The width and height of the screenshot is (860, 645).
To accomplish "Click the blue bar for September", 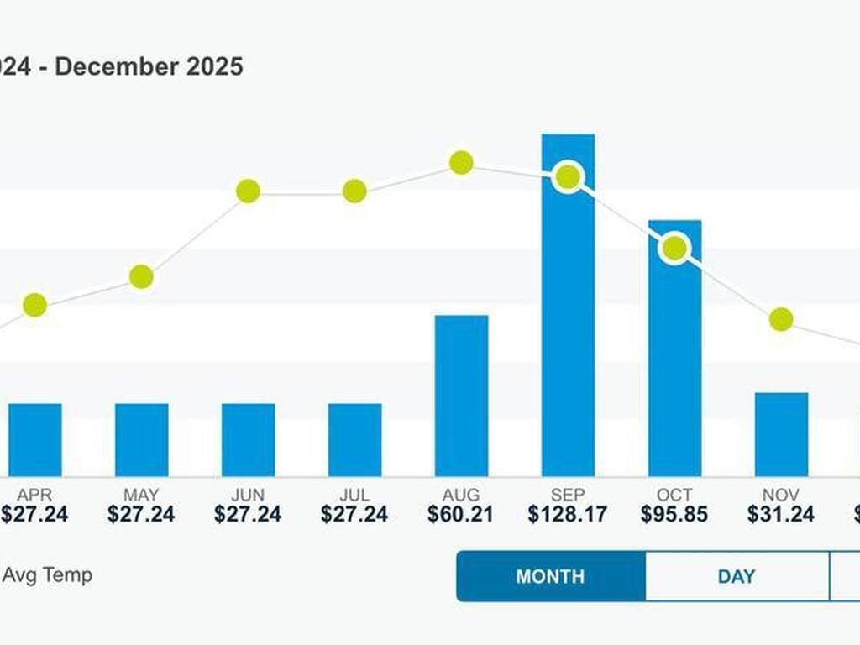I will pyautogui.click(x=568, y=336).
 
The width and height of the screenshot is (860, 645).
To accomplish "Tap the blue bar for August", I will pyautogui.click(x=461, y=396).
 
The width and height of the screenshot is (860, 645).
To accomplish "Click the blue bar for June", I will pyautogui.click(x=248, y=439).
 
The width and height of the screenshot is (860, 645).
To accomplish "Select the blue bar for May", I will pyautogui.click(x=141, y=439).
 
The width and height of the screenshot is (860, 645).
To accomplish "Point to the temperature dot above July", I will pyautogui.click(x=354, y=191).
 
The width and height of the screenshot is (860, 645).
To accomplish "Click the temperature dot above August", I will pyautogui.click(x=461, y=163).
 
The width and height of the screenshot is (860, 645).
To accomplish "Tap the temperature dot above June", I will pyautogui.click(x=248, y=191).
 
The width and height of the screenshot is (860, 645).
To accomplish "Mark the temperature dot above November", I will pyautogui.click(x=781, y=319).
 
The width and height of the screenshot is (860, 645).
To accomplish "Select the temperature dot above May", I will pyautogui.click(x=141, y=276).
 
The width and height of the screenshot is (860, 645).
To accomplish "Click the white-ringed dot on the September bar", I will pyautogui.click(x=568, y=177).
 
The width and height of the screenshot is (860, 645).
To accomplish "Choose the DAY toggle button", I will pyautogui.click(x=737, y=577).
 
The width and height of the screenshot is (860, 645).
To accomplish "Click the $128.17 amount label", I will pyautogui.click(x=568, y=515).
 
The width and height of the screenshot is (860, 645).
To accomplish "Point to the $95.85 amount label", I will pyautogui.click(x=674, y=515).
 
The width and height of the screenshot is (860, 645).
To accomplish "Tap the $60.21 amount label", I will pyautogui.click(x=461, y=515).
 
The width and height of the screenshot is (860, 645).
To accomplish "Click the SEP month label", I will pyautogui.click(x=568, y=495).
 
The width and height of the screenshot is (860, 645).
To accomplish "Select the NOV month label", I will pyautogui.click(x=781, y=495).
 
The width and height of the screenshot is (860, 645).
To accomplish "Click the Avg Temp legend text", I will pyautogui.click(x=47, y=575).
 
